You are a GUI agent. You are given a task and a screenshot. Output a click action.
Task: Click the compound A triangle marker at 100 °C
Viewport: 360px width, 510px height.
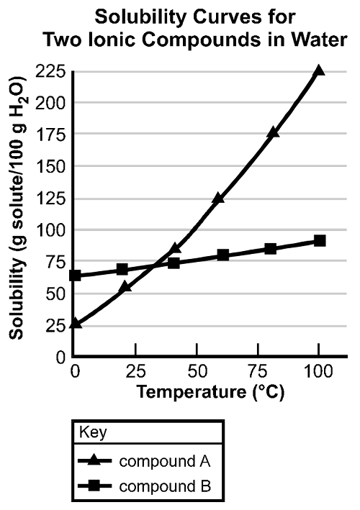[319, 70]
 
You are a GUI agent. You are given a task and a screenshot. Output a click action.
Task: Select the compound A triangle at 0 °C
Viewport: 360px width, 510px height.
[76, 324]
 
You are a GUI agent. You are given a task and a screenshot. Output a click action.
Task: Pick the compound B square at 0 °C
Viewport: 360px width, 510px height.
[76, 276]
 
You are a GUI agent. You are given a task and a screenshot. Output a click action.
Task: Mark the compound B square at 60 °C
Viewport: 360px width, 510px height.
[223, 255]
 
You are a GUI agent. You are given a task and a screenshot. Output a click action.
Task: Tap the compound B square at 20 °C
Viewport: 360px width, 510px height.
[122, 270]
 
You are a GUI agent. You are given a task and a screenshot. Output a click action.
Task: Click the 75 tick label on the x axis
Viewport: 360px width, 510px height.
[270, 371]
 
